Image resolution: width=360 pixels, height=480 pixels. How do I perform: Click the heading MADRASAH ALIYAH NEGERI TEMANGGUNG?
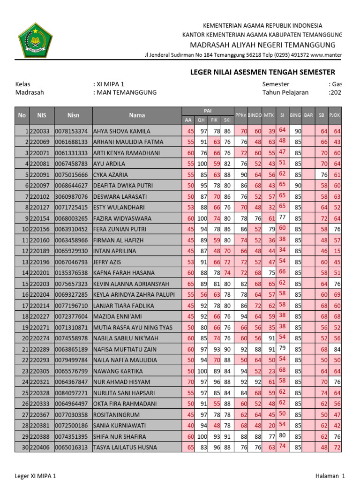coord(262,45)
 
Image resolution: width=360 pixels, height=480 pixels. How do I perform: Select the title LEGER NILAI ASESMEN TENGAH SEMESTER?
coord(262,72)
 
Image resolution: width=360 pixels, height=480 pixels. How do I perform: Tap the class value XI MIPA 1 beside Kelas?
coord(110,84)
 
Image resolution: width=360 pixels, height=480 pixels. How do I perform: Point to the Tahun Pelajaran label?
coord(285,92)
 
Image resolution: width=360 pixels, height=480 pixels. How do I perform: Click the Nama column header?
coord(137,115)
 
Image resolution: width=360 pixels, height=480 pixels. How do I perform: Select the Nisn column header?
coord(73,115)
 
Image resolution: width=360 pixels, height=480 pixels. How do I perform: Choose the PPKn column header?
coord(241,115)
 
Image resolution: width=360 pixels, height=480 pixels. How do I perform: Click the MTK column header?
coord(269,115)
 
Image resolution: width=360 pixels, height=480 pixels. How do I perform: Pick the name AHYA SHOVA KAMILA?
coord(122,131)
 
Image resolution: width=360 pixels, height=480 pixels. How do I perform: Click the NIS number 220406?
coord(41,448)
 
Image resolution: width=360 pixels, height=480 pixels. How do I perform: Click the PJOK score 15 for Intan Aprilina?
coord(337,251)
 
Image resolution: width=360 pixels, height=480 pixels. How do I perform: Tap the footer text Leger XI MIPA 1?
coord(36,476)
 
